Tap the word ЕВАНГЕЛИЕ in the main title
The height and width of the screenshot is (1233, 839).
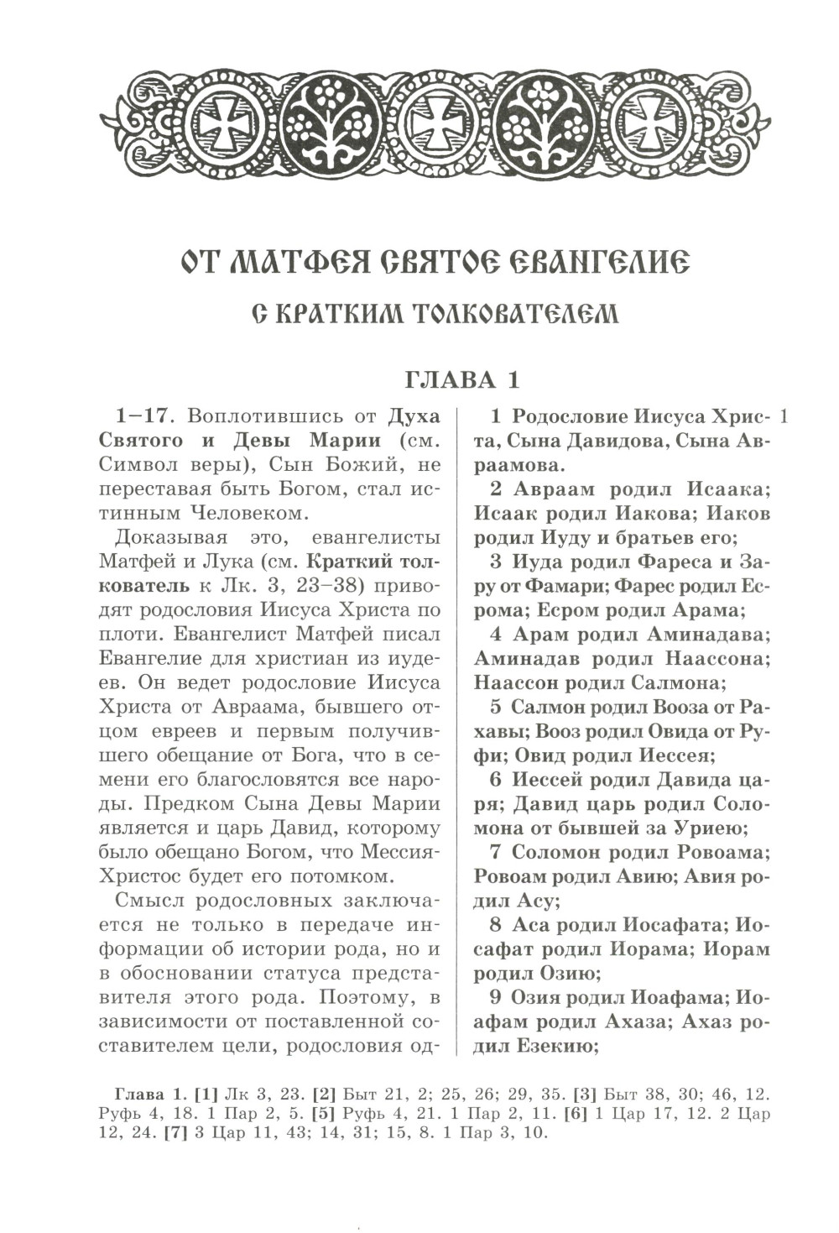click(x=597, y=263)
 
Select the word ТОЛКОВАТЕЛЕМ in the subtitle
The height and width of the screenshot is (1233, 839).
click(x=515, y=315)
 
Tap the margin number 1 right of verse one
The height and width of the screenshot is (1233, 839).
click(x=784, y=416)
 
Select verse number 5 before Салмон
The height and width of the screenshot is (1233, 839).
click(x=496, y=707)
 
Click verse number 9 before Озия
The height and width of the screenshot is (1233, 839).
click(x=496, y=998)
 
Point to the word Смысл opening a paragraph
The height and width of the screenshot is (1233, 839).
click(x=148, y=901)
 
